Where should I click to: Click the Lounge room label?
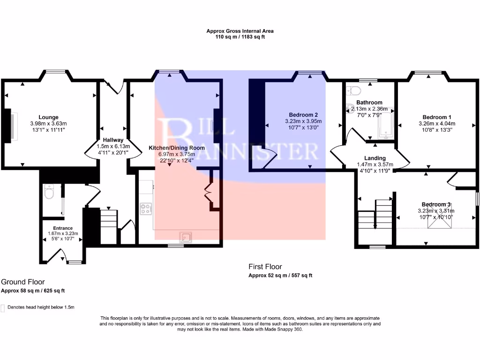pyautogui.click(x=48, y=117)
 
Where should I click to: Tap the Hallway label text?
pyautogui.click(x=113, y=140)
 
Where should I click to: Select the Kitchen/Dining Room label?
pyautogui.click(x=177, y=148)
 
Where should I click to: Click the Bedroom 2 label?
pyautogui.click(x=303, y=115)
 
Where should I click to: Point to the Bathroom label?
pyautogui.click(x=369, y=102)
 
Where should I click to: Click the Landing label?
pyautogui.click(x=375, y=158)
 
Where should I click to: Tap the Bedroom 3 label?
pyautogui.click(x=436, y=204)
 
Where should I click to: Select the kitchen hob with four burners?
pyautogui.click(x=146, y=208)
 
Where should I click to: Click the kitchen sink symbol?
pyautogui.click(x=187, y=237)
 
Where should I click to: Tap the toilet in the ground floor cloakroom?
pyautogui.click(x=49, y=192)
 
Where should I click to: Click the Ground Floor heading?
pyautogui.click(x=22, y=282)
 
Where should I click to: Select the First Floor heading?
pyautogui.click(x=265, y=267)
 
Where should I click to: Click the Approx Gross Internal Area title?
pyautogui.click(x=240, y=31)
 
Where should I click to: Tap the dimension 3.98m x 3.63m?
pyautogui.click(x=48, y=123)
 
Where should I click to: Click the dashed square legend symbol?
pyautogui.click(x=3, y=307)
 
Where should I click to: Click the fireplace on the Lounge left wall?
pyautogui.click(x=9, y=125)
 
